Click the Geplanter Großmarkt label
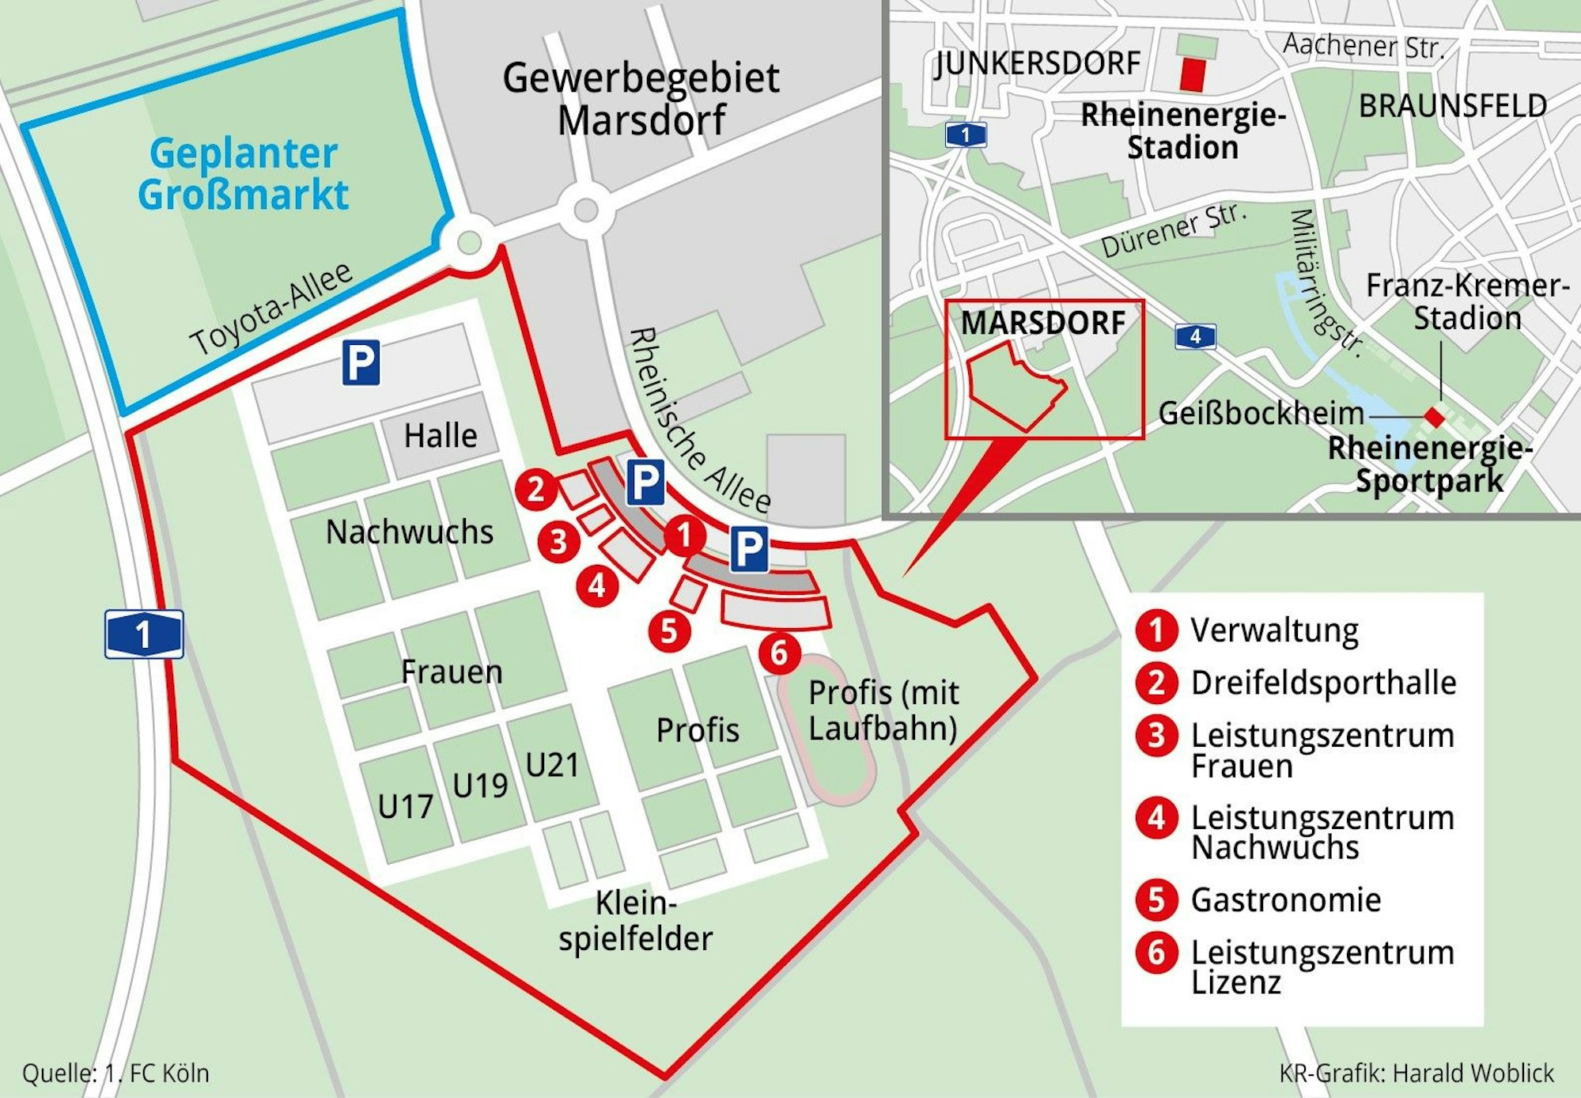coord(243,174)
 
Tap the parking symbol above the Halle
coord(361,363)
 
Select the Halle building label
coord(441,436)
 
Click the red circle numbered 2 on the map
coord(535,488)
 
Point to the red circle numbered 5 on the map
coord(669,631)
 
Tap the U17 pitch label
coord(405,807)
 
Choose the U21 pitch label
coord(552,765)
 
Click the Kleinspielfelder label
coord(635,921)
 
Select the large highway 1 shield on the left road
coord(144,634)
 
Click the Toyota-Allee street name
coord(271,308)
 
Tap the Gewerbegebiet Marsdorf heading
coord(641,99)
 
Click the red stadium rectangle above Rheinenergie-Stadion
coord(1193,74)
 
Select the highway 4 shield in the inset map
coord(1194,336)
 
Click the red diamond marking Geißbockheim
coord(1434,416)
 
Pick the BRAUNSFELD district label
coord(1452,106)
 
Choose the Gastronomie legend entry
coord(1285,900)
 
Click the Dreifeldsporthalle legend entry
coord(1322,683)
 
